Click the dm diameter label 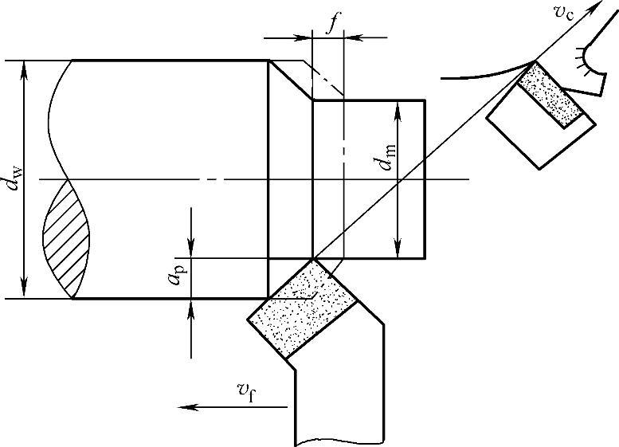click(x=387, y=157)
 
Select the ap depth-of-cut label click(x=176, y=274)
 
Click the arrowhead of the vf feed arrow click(x=186, y=407)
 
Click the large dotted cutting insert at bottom click(x=303, y=309)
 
